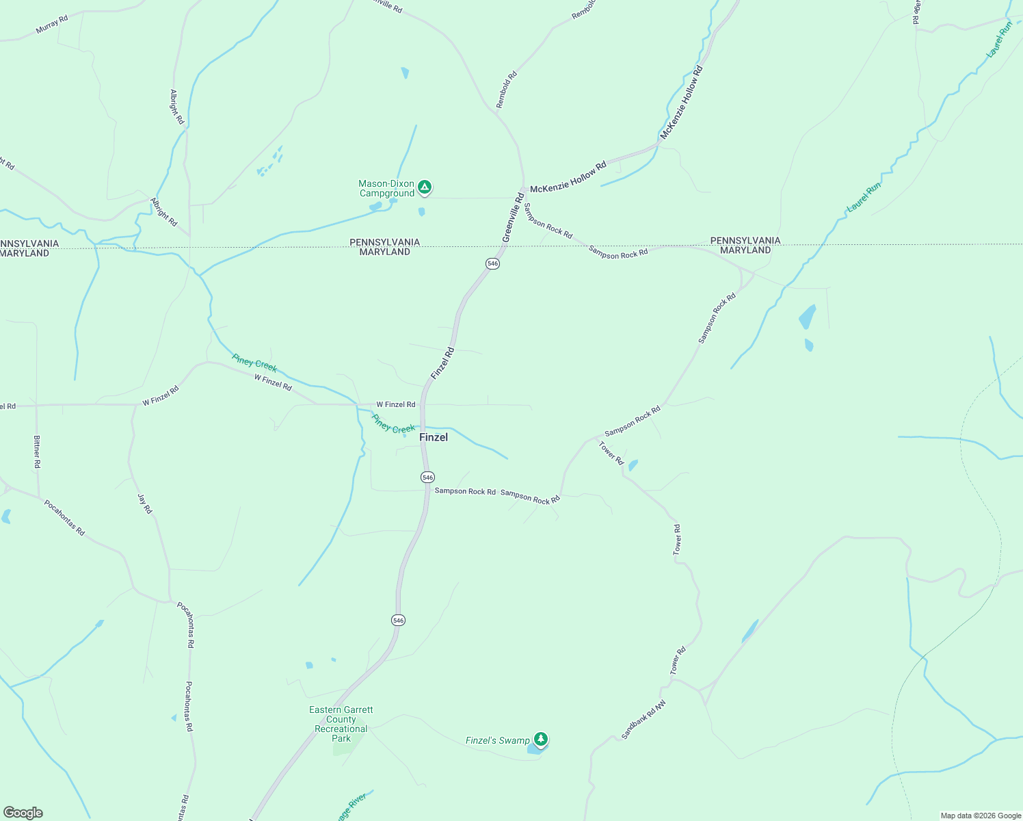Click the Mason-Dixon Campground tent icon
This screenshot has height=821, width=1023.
click(425, 187)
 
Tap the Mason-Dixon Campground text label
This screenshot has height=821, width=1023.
click(386, 189)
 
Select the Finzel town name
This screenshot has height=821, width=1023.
click(434, 437)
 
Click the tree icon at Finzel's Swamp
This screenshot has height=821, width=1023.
click(541, 739)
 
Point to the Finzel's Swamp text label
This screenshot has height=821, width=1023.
click(497, 740)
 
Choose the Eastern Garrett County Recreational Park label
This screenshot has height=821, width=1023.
click(341, 724)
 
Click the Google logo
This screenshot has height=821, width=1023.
click(23, 813)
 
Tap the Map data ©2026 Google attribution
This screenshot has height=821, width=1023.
click(980, 816)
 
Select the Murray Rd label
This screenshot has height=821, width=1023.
click(52, 25)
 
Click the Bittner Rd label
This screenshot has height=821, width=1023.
click(37, 452)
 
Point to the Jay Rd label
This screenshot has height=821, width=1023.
click(144, 504)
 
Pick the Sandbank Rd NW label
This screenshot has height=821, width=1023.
click(643, 720)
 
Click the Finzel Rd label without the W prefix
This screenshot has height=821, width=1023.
click(442, 363)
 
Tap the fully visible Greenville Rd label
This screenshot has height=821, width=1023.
click(513, 217)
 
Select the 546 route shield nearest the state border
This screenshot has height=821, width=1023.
click(492, 263)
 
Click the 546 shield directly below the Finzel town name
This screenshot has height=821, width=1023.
click(427, 477)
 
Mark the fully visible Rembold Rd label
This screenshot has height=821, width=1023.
click(507, 89)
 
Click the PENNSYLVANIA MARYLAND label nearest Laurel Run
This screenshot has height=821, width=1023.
click(745, 245)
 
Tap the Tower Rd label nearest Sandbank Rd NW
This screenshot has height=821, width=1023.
click(678, 661)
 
